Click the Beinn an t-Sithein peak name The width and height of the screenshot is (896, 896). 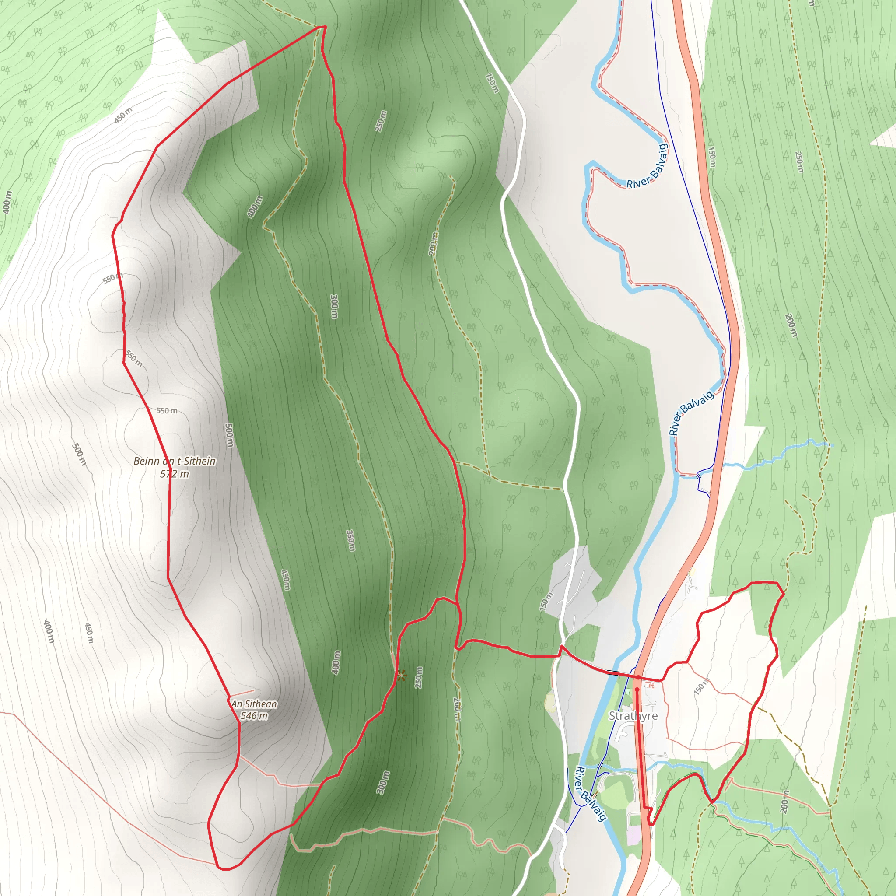(175, 461)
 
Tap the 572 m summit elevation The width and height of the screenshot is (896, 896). (175, 474)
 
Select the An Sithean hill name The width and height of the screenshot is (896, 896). (254, 704)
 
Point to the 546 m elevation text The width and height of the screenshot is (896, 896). (254, 716)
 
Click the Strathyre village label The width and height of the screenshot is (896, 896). (633, 716)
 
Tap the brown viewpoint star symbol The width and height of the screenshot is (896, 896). (401, 675)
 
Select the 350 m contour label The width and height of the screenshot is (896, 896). (351, 540)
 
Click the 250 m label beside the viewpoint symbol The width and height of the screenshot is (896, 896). (419, 678)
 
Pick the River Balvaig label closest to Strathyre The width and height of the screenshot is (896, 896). (590, 794)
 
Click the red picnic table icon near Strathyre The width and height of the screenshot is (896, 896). (649, 685)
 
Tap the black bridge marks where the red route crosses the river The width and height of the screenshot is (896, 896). (612, 672)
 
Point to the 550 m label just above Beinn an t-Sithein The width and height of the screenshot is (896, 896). (167, 411)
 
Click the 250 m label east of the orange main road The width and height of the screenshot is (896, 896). (799, 162)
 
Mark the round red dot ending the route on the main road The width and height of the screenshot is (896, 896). (637, 689)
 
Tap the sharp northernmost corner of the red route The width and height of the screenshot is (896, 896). (325, 27)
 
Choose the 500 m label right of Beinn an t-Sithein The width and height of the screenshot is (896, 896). (229, 434)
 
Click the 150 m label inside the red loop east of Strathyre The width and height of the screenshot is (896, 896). (701, 686)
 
